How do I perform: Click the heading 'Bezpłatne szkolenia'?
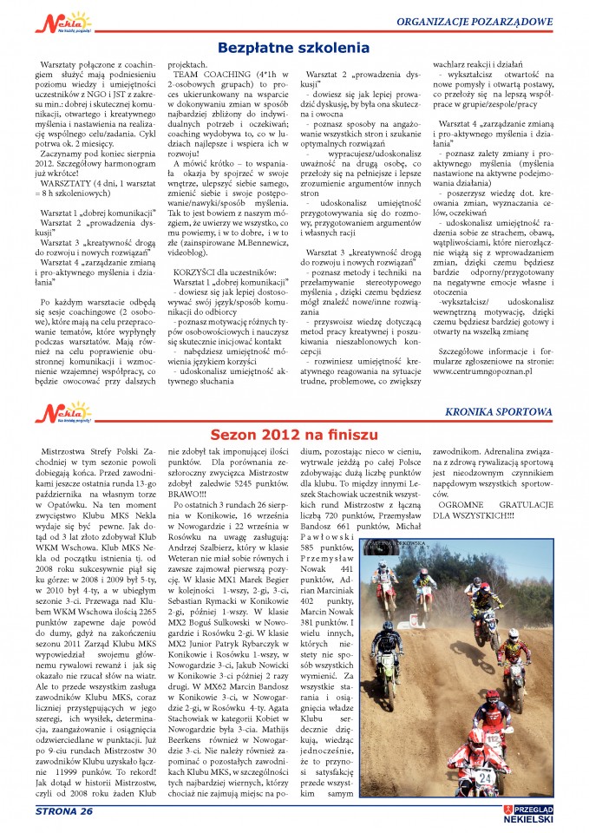293,49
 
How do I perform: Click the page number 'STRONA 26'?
63,811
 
